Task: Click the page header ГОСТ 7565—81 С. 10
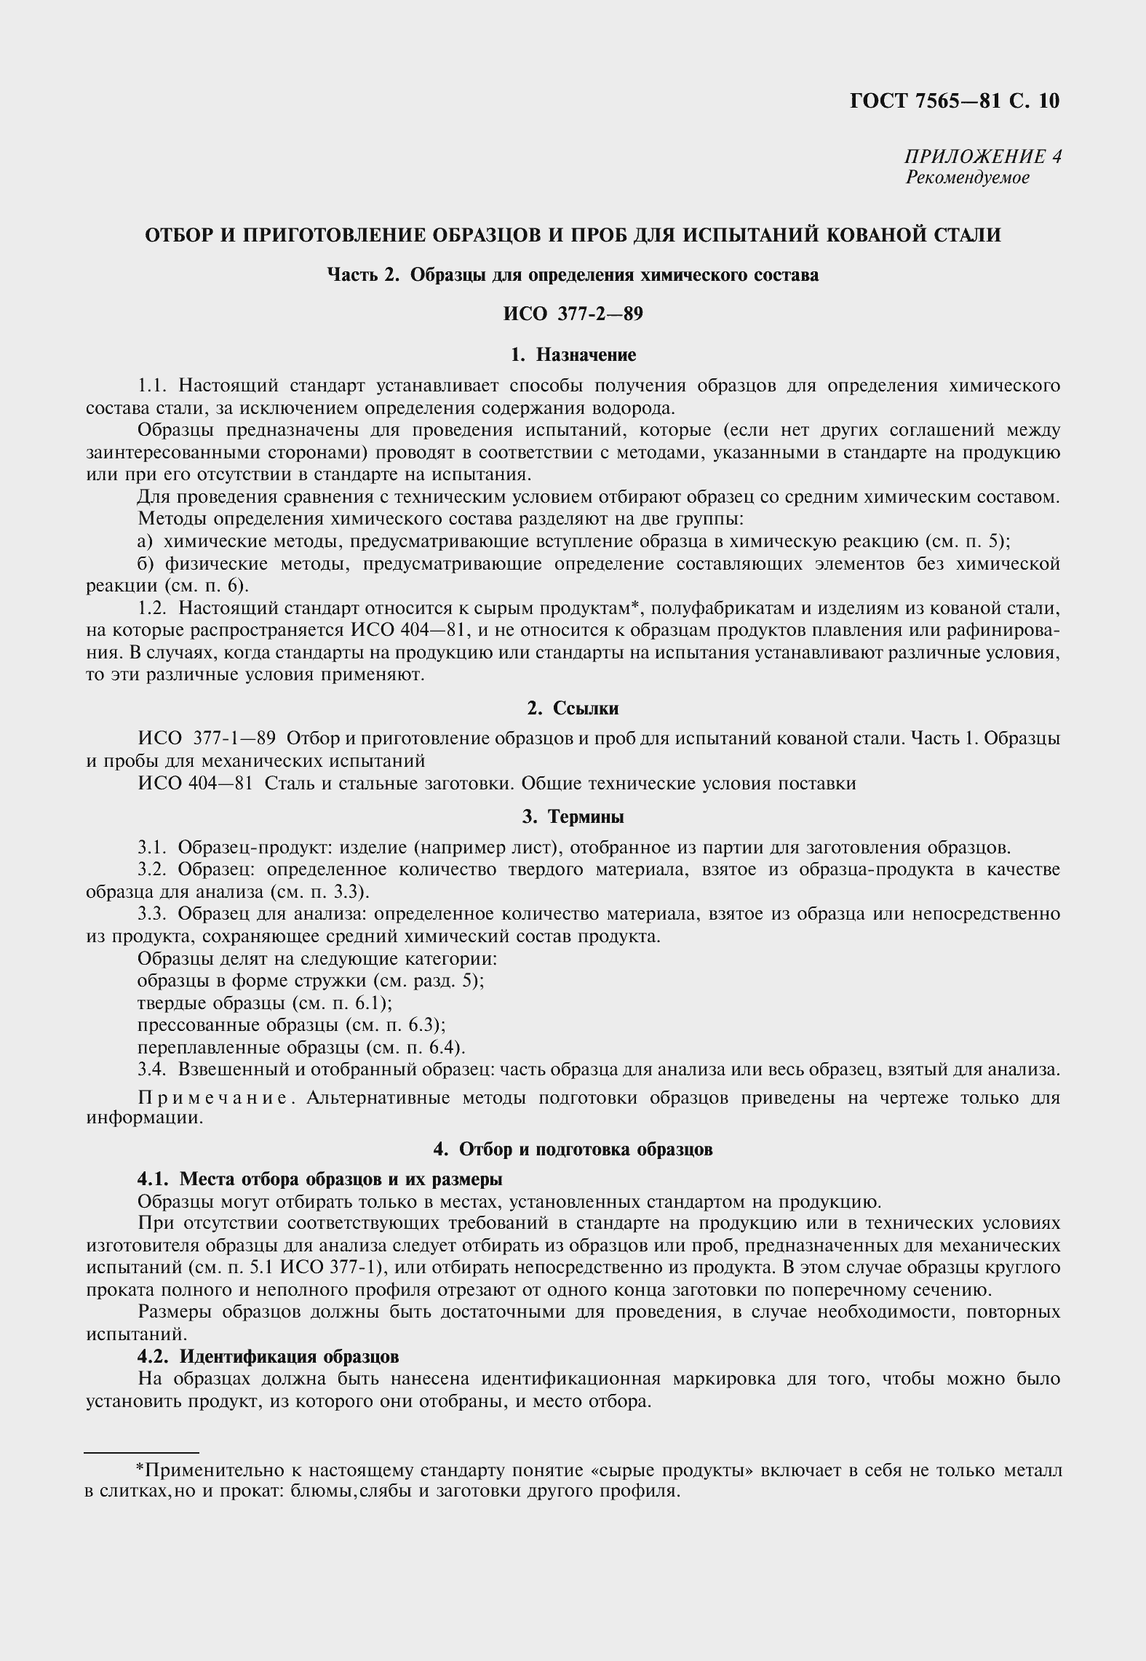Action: pyautogui.click(x=954, y=100)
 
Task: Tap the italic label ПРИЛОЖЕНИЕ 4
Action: pyautogui.click(x=982, y=156)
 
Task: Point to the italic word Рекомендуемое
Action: pyautogui.click(x=967, y=178)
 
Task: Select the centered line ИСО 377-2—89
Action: pyautogui.click(x=573, y=314)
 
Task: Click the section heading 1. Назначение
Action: pyautogui.click(x=573, y=354)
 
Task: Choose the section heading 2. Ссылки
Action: pyautogui.click(x=573, y=708)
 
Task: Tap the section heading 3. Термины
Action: pyautogui.click(x=573, y=817)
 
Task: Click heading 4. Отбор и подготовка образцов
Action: pyautogui.click(x=573, y=1149)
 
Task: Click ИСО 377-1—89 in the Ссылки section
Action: pyautogui.click(x=207, y=738)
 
